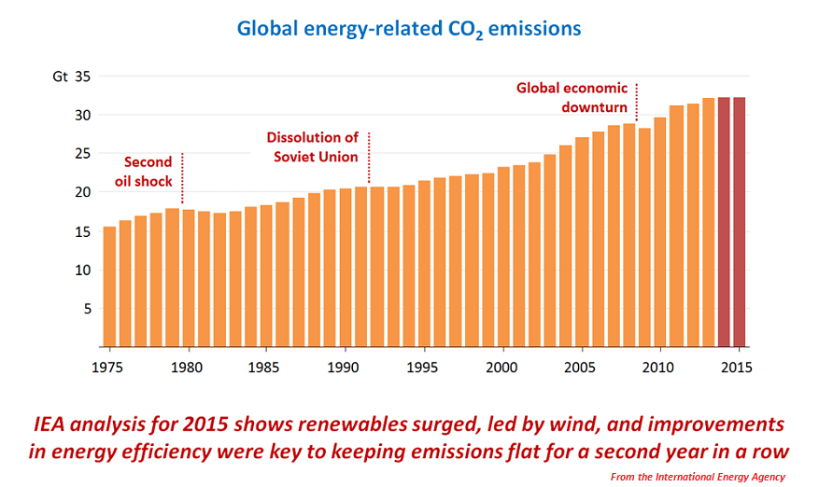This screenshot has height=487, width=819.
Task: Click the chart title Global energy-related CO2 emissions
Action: pyautogui.click(x=409, y=29)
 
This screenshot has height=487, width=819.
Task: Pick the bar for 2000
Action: pyautogui.click(x=503, y=257)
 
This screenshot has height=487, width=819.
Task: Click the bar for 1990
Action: pyautogui.click(x=346, y=268)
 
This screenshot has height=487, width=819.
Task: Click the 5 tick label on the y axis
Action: pyautogui.click(x=83, y=309)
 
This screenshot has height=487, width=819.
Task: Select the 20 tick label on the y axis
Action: pyautogui.click(x=81, y=192)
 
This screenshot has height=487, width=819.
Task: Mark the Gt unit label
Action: pyautogui.click(x=60, y=77)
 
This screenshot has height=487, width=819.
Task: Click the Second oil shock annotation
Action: pyautogui.click(x=145, y=171)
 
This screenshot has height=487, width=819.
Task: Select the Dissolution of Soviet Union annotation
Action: pyautogui.click(x=314, y=146)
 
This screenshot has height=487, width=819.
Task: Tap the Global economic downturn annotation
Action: pyautogui.click(x=572, y=97)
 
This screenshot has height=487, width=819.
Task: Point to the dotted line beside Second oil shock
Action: pyautogui.click(x=182, y=177)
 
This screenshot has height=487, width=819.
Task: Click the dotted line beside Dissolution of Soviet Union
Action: pyautogui.click(x=369, y=157)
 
